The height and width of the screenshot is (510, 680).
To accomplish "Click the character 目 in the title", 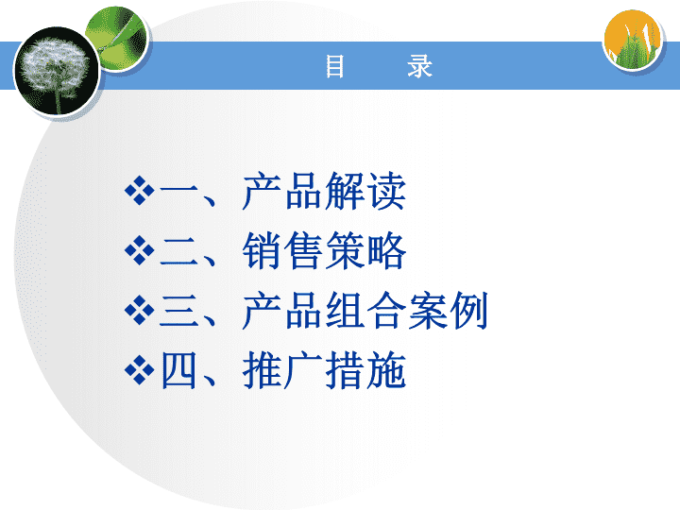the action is pos(335,66).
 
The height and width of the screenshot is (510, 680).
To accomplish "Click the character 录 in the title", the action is pos(419,66).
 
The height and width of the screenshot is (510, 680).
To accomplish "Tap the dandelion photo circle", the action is pos(57,71).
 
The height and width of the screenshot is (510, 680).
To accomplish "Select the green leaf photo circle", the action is pos(116,38).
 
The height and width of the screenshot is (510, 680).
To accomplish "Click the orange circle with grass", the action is pos(633,40).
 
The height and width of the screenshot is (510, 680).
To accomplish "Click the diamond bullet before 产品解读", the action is pos(139,190).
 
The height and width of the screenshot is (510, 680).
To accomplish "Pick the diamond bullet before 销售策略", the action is pos(139,250).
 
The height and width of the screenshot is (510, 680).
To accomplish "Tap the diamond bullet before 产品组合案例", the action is pos(139,310).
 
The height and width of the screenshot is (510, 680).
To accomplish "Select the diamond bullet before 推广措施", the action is pos(139,370).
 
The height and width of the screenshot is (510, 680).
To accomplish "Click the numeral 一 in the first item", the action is pos(178,190).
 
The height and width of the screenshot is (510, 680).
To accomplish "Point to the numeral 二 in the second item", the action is pos(178,251).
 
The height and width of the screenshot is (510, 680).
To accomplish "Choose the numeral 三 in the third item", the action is pos(178,311).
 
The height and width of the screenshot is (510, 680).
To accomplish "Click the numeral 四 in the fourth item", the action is pos(178,370).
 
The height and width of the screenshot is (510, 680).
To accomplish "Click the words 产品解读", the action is pos(324,191).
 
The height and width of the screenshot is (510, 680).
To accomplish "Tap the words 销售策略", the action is pos(324,250).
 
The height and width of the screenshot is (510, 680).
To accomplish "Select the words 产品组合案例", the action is pos(365,311).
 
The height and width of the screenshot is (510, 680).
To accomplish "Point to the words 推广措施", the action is pos(324,370).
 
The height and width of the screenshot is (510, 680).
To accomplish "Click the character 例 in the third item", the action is pos(469,311).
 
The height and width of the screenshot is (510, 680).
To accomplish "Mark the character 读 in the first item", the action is pos(387,191).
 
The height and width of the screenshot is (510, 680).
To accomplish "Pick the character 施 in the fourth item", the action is pos(387,370).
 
